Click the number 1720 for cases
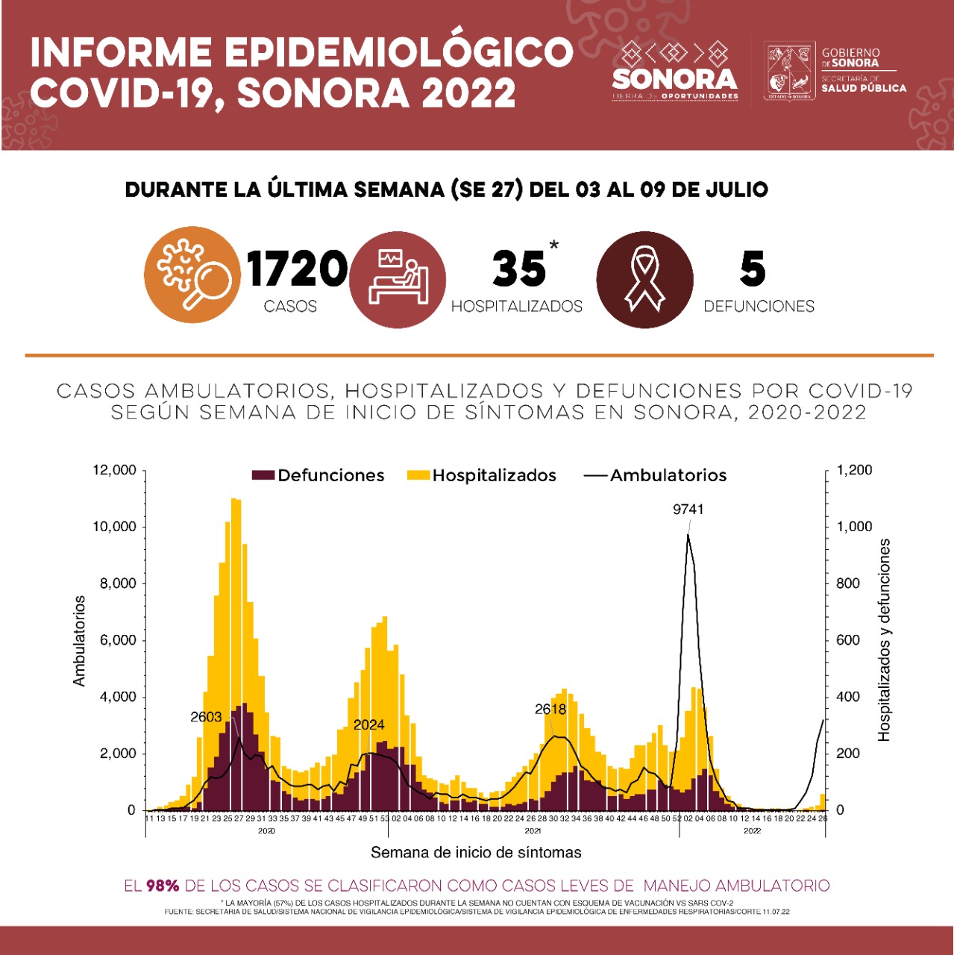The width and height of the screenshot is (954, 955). [x=298, y=269]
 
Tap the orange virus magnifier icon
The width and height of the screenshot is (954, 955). [x=192, y=275]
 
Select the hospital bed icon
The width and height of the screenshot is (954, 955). [x=398, y=278]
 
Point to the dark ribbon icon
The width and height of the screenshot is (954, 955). [x=645, y=279]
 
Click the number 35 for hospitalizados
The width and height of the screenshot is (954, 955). [x=518, y=269]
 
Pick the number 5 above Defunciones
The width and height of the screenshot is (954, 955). [x=753, y=269]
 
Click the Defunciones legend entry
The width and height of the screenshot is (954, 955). [x=318, y=475]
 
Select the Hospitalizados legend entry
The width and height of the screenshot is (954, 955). [x=482, y=475]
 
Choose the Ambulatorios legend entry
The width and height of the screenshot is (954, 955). [x=656, y=475]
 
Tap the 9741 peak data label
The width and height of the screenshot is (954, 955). [x=688, y=510]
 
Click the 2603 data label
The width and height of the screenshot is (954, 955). [x=206, y=717]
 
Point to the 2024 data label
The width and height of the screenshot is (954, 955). [x=368, y=724]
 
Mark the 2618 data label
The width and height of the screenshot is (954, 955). [x=550, y=710]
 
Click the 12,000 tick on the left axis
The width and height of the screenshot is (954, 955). [x=114, y=470]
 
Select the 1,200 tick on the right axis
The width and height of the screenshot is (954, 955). [x=854, y=470]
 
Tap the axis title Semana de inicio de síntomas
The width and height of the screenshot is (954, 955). [x=476, y=852]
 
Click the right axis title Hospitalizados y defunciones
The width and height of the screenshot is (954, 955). [x=885, y=640]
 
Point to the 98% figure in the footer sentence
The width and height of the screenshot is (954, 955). [x=163, y=886]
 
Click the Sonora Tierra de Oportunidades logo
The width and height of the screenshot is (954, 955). [x=675, y=72]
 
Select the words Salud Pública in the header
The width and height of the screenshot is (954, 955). [x=864, y=88]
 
